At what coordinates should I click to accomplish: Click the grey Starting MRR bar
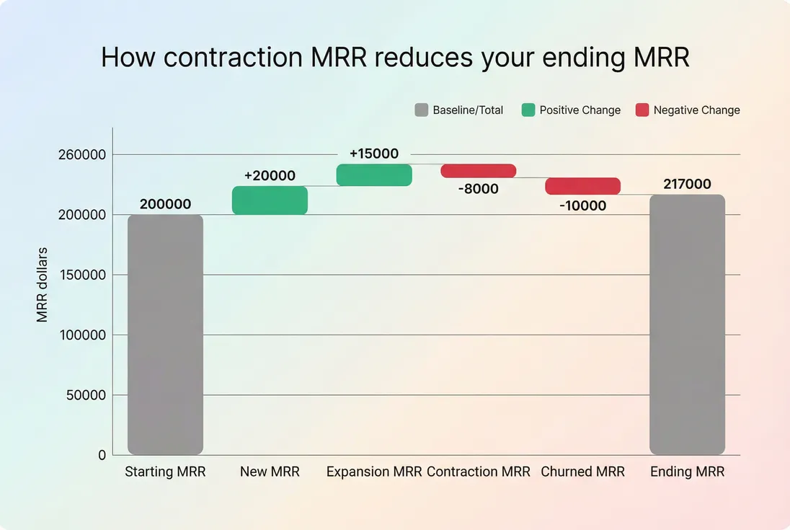[x=165, y=335]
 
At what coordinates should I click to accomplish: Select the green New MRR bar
[x=270, y=200]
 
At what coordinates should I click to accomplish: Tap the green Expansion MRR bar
[x=374, y=175]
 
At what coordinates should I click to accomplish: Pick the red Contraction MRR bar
[x=479, y=171]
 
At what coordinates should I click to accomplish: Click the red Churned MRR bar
[x=582, y=186]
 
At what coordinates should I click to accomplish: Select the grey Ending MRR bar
[x=687, y=324]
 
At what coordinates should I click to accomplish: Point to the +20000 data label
[x=270, y=176]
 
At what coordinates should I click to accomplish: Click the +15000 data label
[x=374, y=154]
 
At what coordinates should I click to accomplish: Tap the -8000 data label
[x=479, y=189]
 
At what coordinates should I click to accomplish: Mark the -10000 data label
[x=582, y=206]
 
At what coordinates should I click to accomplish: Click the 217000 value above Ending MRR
[x=687, y=185]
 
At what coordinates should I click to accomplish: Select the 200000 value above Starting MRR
[x=165, y=205]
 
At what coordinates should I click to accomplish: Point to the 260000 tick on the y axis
[x=81, y=155]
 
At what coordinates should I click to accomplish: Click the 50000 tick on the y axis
[x=85, y=395]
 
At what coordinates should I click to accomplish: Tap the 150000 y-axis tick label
[x=81, y=275]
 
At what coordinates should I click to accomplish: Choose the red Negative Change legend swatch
[x=642, y=110]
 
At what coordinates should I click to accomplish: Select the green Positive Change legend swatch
[x=528, y=110]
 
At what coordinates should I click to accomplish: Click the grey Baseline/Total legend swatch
[x=422, y=110]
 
